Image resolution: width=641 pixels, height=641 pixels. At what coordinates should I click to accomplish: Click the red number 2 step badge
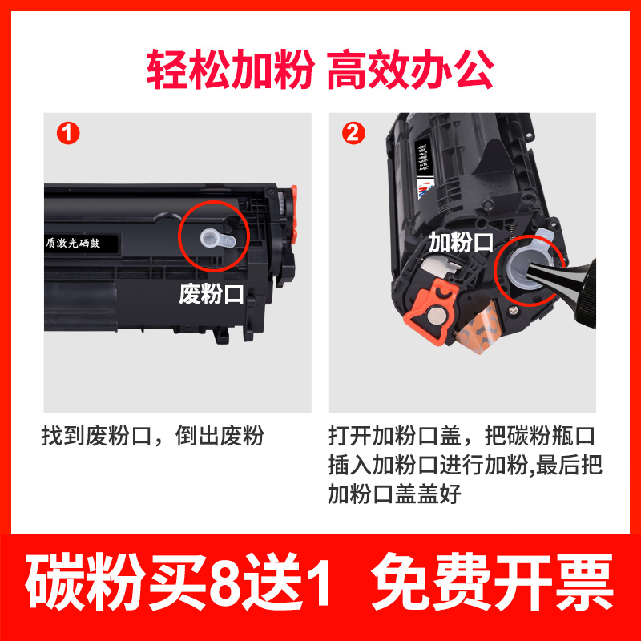click(x=353, y=133)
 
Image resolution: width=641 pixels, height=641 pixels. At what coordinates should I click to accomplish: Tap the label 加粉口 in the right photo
click(x=461, y=242)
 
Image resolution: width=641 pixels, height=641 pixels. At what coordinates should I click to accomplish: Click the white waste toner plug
click(x=216, y=237)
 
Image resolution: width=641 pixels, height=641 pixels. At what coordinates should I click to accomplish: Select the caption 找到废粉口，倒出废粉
click(x=152, y=437)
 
